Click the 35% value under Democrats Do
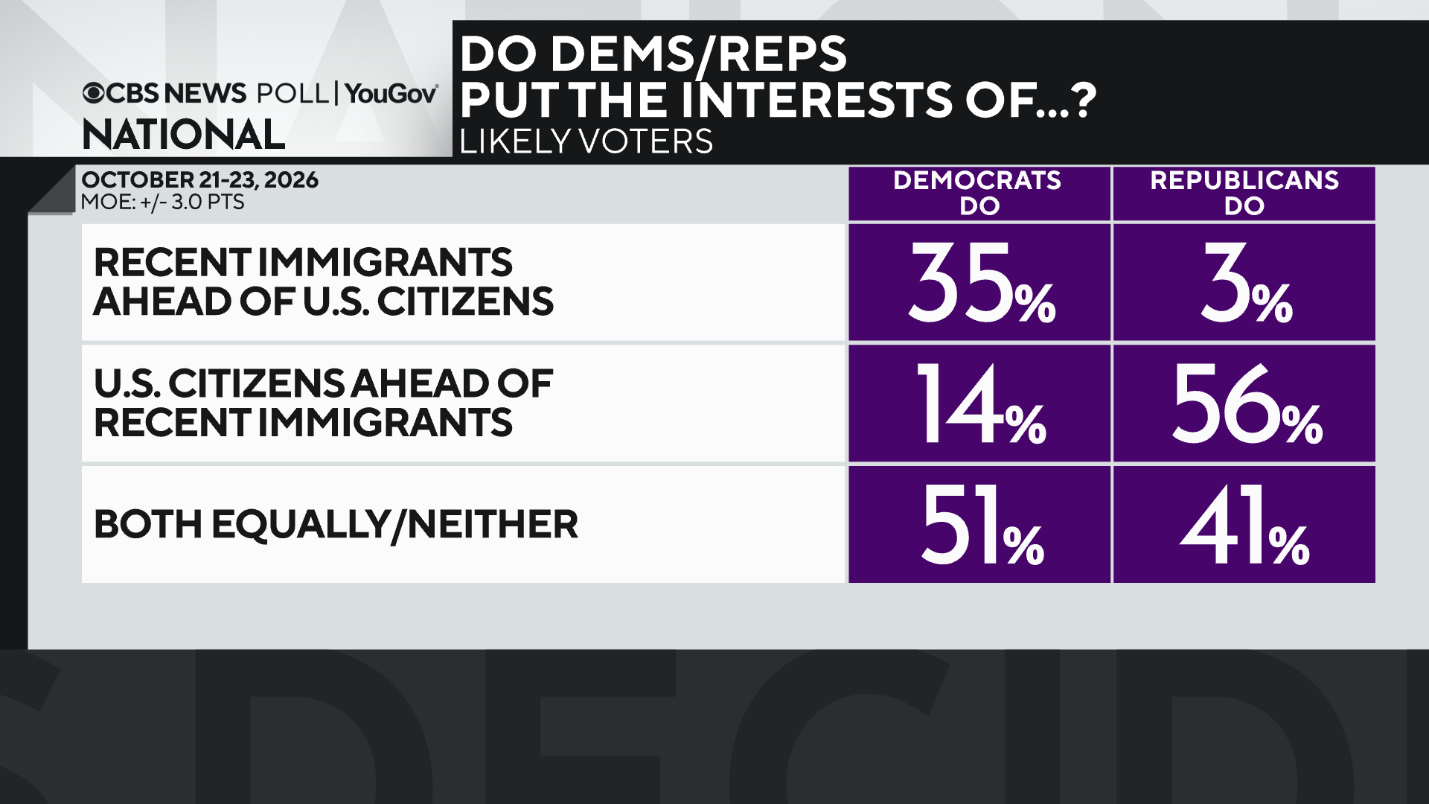click(x=982, y=284)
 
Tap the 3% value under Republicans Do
click(x=1247, y=284)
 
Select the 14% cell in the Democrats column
click(x=982, y=404)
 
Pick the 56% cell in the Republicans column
click(x=1247, y=404)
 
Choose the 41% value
click(x=1244, y=525)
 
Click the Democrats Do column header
click(x=977, y=193)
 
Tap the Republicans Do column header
click(x=1244, y=193)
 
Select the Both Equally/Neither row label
click(x=336, y=525)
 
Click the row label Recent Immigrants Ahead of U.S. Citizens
click(x=324, y=282)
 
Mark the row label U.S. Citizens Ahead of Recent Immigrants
click(x=324, y=403)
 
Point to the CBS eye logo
click(x=94, y=93)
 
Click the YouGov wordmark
click(x=391, y=93)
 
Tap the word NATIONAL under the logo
click(x=184, y=135)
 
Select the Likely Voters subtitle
click(x=586, y=141)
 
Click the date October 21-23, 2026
click(x=199, y=180)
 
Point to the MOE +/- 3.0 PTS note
click(x=163, y=202)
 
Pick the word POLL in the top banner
click(x=292, y=93)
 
